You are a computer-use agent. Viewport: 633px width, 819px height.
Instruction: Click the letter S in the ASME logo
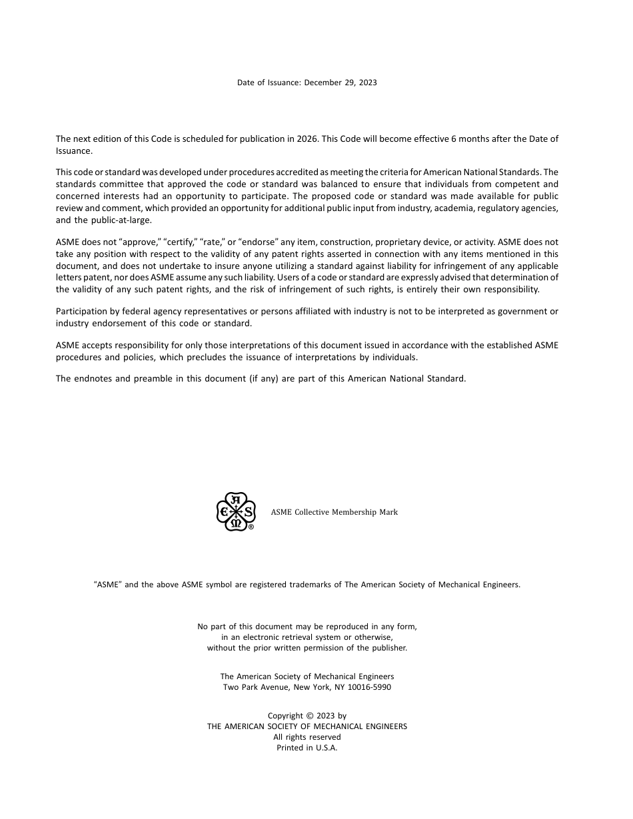(248, 512)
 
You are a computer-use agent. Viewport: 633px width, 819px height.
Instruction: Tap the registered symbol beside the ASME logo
(251, 527)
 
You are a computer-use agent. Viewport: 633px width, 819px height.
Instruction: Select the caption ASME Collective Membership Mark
(334, 512)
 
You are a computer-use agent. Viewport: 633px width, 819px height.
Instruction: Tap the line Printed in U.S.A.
(307, 748)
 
